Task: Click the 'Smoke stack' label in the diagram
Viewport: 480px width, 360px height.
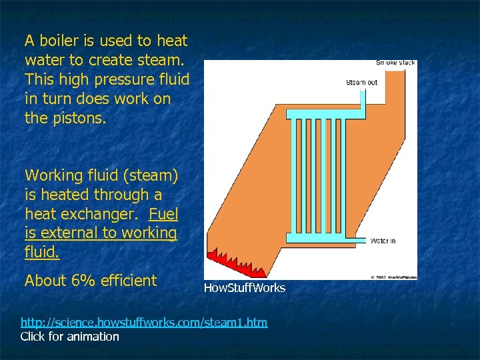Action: [395, 63]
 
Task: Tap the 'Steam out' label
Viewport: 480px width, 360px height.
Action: [361, 83]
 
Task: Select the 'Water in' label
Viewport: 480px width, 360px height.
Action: [383, 241]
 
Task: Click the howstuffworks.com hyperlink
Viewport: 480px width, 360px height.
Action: [144, 323]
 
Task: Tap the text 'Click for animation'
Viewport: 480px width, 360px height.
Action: [70, 337]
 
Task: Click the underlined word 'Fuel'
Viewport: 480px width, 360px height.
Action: [163, 214]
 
